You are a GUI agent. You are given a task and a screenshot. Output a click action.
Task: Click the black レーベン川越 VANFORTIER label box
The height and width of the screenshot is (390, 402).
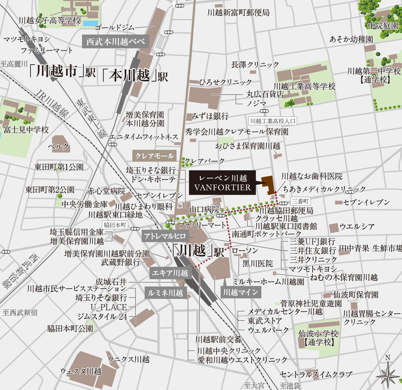click(222, 183)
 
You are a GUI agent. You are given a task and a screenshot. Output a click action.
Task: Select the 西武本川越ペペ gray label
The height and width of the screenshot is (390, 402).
click(115, 41)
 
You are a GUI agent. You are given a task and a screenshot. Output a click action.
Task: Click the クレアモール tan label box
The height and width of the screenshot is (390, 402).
click(154, 156)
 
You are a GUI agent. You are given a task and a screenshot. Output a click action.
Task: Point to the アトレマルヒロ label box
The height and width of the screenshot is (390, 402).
click(165, 236)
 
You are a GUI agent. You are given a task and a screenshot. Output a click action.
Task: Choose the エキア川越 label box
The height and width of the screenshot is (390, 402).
click(170, 273)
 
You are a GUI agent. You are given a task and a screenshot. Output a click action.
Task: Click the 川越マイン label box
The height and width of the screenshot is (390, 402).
click(241, 292)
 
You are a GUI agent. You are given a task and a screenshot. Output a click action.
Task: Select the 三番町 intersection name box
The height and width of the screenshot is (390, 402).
click(300, 201)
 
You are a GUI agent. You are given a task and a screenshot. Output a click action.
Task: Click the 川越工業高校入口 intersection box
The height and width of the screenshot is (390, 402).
click(272, 121)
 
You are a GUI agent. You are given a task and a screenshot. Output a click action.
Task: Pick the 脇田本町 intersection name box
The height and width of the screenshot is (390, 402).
click(115, 225)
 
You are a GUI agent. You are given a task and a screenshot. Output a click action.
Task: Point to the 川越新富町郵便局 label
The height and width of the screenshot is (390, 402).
click(238, 13)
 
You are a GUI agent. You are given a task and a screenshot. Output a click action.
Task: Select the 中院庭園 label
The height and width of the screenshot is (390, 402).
click(383, 26)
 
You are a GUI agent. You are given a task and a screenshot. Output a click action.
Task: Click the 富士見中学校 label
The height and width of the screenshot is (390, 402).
click(26, 130)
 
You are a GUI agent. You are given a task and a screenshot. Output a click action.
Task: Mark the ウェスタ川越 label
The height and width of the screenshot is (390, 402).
click(81, 371)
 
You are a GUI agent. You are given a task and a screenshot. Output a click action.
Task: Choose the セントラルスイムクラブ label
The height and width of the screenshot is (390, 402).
click(316, 374)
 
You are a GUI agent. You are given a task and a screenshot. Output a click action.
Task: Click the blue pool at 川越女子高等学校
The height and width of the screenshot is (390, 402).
click(91, 23)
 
